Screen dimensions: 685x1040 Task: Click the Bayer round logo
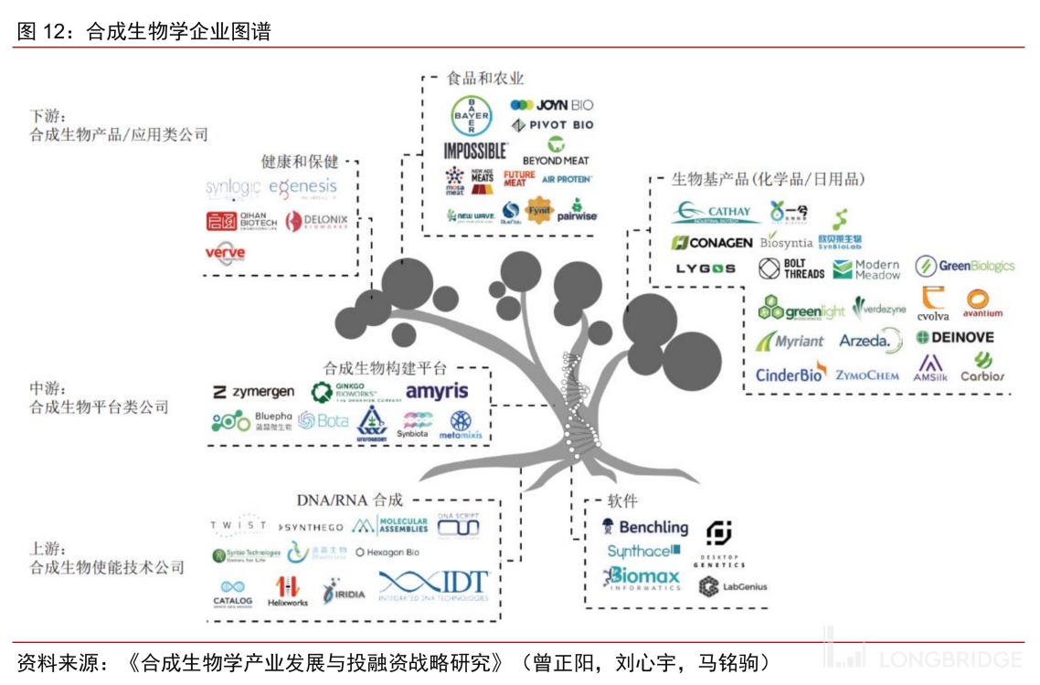point(472,116)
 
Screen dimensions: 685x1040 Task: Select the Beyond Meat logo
point(556,152)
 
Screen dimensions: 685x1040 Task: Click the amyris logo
point(437,392)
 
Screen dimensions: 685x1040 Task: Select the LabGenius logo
point(733,586)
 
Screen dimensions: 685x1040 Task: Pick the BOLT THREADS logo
point(792,269)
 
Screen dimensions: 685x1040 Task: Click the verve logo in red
point(225,253)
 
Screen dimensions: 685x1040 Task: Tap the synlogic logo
point(233,188)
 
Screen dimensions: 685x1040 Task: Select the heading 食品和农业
point(485,79)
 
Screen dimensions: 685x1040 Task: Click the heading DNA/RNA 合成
point(349,500)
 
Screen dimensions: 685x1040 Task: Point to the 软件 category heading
point(622,501)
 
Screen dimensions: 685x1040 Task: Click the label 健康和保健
point(300,162)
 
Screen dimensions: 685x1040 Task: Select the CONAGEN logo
point(712,243)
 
